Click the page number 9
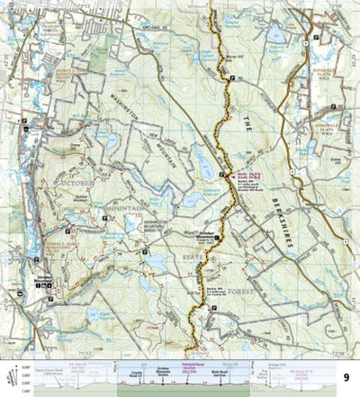click(x=347, y=378)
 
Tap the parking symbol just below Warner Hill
click(x=230, y=80)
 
